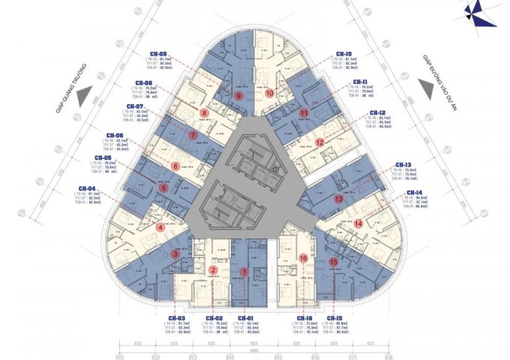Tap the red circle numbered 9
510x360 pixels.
click(x=238, y=96)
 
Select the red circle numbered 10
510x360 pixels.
click(x=270, y=93)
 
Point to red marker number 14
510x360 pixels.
click(x=358, y=222)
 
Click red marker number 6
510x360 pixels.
click(x=175, y=166)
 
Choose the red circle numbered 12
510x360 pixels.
click(x=319, y=141)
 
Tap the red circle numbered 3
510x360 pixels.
click(x=175, y=254)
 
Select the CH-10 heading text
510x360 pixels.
click(x=344, y=54)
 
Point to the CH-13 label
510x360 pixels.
click(x=403, y=164)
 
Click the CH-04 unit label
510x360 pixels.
click(x=87, y=188)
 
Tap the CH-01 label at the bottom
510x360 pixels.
click(x=245, y=319)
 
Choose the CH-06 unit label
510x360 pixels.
click(x=111, y=135)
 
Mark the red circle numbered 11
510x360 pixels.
click(x=304, y=113)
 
